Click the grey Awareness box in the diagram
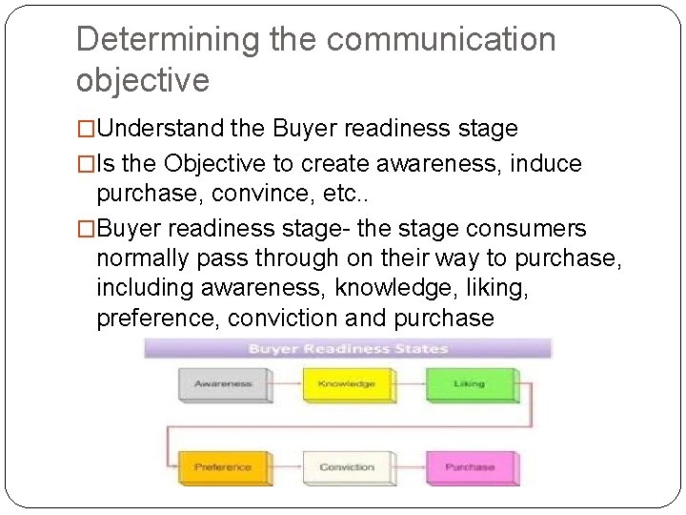(223, 384)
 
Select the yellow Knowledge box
(346, 384)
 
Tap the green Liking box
(469, 384)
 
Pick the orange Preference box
(223, 467)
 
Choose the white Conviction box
(346, 467)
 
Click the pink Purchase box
(469, 467)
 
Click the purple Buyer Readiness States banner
(348, 349)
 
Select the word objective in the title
(142, 80)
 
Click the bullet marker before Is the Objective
(86, 164)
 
